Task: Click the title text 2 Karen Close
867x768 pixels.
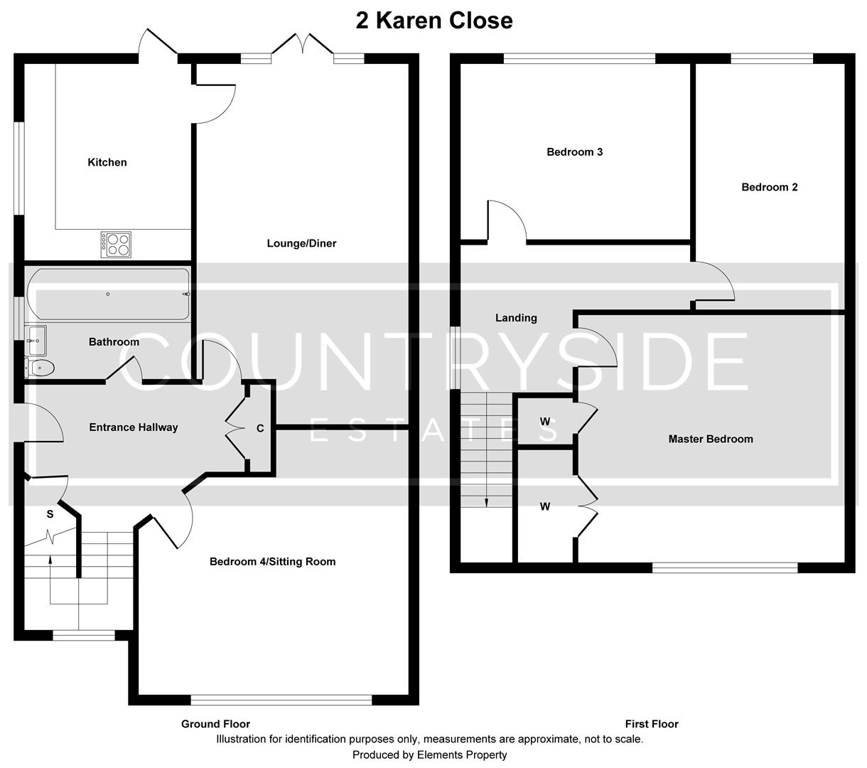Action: (433, 21)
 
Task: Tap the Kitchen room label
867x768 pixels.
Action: (107, 163)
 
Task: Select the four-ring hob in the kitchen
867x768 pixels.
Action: (117, 245)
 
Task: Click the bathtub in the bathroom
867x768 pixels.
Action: (108, 294)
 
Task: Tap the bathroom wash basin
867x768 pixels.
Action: (35, 339)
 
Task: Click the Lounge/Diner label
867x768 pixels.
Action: (301, 244)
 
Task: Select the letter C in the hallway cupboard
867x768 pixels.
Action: (260, 428)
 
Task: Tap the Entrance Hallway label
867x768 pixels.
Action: (133, 427)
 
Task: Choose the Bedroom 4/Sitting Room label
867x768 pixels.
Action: (272, 562)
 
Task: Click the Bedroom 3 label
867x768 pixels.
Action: (574, 152)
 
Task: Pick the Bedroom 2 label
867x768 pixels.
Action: (769, 188)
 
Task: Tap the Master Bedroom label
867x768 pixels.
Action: (710, 439)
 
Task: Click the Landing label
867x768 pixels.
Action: (516, 318)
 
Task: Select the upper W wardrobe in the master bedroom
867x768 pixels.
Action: (545, 422)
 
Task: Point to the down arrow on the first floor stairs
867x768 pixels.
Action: (486, 501)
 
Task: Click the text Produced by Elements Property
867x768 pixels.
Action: (429, 754)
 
